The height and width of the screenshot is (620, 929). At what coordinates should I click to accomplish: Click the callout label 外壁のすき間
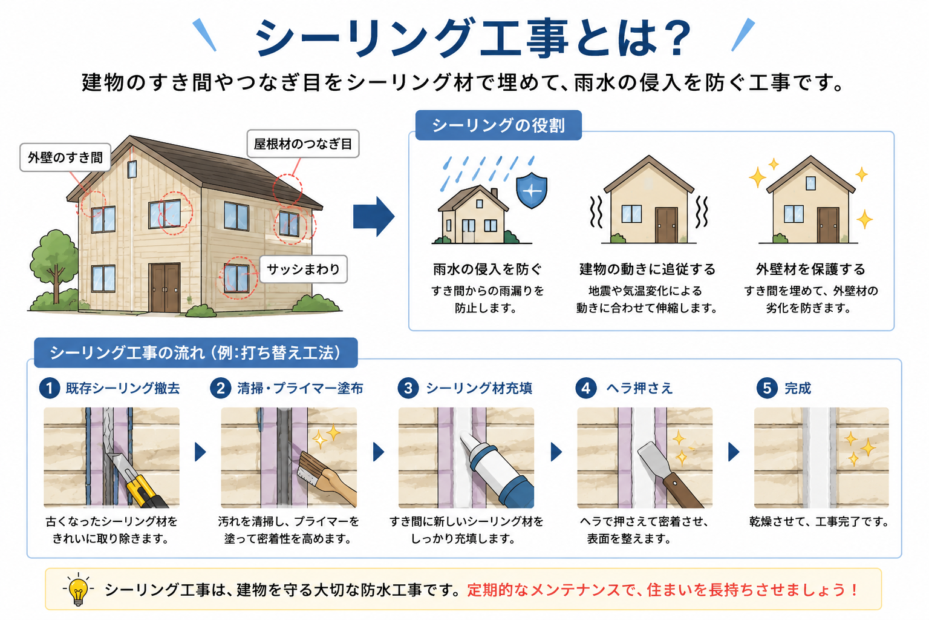pyautogui.click(x=65, y=157)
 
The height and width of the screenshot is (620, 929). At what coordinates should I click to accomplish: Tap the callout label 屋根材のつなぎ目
pyautogui.click(x=303, y=143)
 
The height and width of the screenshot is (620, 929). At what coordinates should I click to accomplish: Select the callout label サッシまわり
pyautogui.click(x=303, y=269)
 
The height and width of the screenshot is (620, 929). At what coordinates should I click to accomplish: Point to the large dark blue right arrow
pyautogui.click(x=374, y=216)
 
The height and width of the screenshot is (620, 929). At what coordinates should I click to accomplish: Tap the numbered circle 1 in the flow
pyautogui.click(x=50, y=388)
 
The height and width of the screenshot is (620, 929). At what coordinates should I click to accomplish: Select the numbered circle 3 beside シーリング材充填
pyautogui.click(x=408, y=388)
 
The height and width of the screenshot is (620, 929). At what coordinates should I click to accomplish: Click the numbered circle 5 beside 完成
pyautogui.click(x=767, y=388)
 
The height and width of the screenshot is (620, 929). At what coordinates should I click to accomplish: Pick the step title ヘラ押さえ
pyautogui.click(x=639, y=388)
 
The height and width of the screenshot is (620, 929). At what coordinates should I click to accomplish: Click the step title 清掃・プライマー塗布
pyautogui.click(x=300, y=388)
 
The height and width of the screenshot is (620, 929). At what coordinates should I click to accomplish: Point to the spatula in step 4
pyautogui.click(x=668, y=474)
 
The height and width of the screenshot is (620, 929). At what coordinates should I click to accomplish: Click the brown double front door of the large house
pyautogui.click(x=165, y=288)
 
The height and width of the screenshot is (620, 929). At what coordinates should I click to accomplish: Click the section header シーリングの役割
pyautogui.click(x=498, y=125)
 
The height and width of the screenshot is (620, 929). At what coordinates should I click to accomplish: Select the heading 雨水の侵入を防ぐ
pyautogui.click(x=487, y=269)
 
